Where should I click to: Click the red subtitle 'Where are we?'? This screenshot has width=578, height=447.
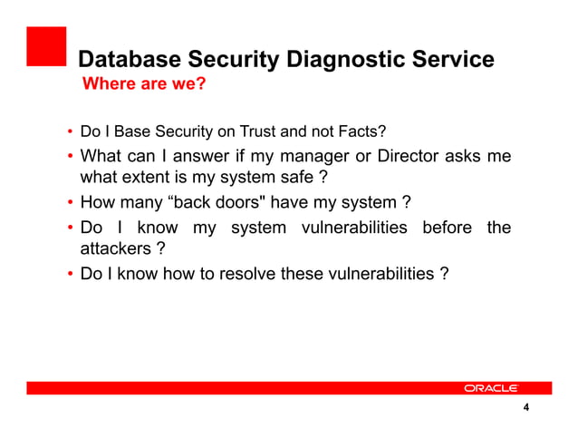pos(144,86)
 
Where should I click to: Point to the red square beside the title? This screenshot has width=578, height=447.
pos(46,47)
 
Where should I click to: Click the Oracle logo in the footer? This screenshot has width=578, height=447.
pos(490,388)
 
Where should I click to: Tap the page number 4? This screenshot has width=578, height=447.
pos(525,408)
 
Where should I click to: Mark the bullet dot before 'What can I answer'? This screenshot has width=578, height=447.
pos(70,157)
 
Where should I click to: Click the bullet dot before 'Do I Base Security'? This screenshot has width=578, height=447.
pos(70,133)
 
